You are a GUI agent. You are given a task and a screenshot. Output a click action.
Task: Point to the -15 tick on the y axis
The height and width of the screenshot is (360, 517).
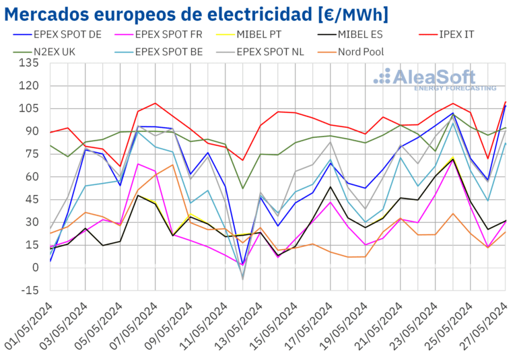pyautogui.click(x=30, y=291)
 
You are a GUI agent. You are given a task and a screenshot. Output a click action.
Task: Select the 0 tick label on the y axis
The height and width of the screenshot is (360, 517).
pyautogui.click(x=35, y=268)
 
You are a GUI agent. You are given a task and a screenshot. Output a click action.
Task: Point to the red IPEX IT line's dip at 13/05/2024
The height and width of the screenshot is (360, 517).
pyautogui.click(x=242, y=160)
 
